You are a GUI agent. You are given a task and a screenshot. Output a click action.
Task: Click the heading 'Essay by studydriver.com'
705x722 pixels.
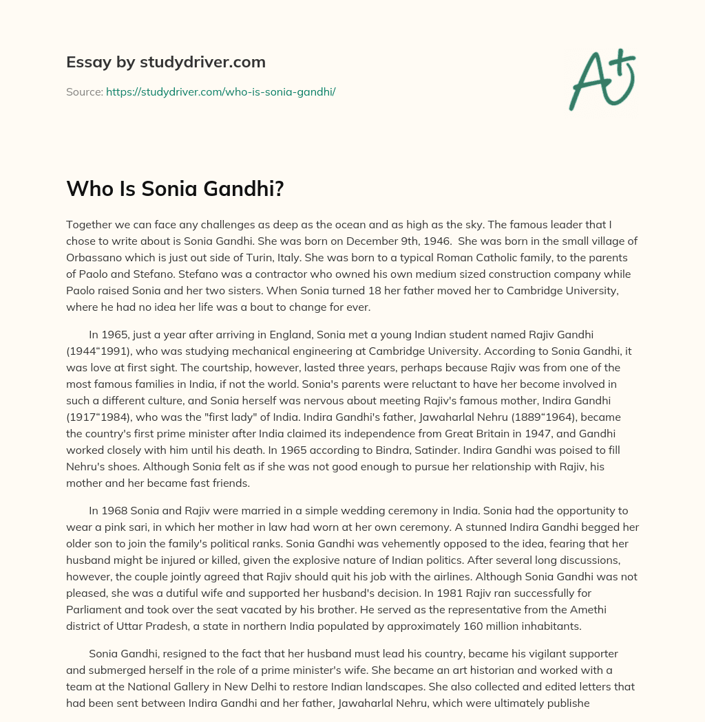166,62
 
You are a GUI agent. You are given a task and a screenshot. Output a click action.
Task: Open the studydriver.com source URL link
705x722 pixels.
220,91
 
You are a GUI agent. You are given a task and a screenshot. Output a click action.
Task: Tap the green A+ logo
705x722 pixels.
601,80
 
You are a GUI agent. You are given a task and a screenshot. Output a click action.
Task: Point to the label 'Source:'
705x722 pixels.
84,91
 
